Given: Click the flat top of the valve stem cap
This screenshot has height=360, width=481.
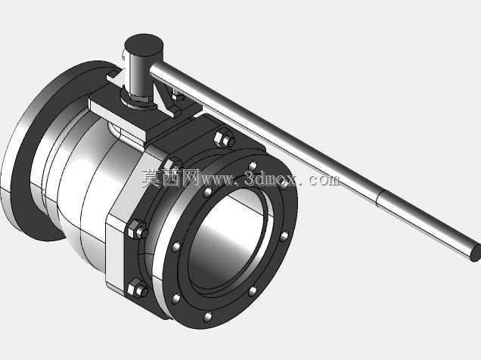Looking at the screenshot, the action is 144,45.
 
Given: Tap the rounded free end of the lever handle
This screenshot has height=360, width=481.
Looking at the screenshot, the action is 476,253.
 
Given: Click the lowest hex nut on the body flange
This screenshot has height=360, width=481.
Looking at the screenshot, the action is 138,289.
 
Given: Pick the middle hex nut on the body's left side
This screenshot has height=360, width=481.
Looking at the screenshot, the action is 137,229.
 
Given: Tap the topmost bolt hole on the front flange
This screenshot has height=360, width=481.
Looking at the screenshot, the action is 252,166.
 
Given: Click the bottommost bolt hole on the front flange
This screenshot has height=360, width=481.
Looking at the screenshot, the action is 208,317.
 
